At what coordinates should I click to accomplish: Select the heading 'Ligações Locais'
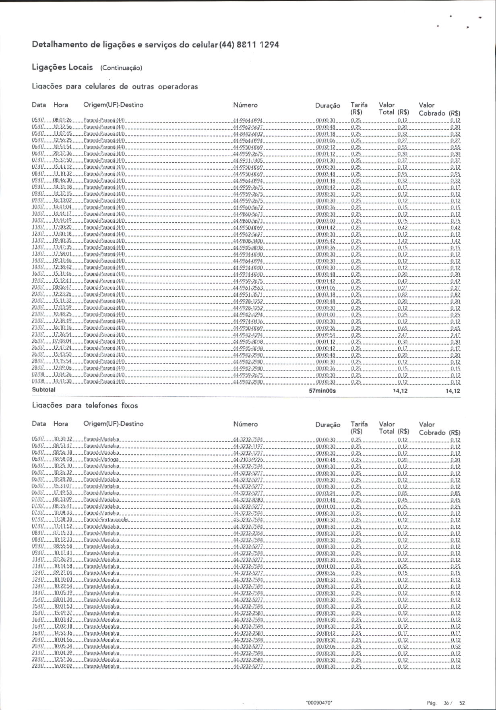62,67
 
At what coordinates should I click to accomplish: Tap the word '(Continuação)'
121,68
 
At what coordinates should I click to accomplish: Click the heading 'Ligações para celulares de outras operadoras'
115,86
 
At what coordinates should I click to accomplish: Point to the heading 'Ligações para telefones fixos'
85,405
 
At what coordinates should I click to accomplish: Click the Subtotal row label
43,390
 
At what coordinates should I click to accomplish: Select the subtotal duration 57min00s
325,391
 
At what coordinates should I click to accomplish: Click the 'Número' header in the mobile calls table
245,105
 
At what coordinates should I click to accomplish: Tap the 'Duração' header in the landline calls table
328,424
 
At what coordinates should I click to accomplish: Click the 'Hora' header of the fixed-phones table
61,424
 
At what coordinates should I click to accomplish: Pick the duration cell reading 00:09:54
326,335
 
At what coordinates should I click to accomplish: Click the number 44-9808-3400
248,241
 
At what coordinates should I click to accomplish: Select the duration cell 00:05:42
326,241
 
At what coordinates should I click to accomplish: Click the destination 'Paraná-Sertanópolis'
106,520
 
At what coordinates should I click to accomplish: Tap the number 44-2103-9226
248,460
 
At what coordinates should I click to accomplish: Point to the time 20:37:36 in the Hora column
62,154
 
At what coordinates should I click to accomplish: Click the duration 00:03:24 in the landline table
326,493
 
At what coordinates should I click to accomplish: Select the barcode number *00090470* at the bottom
319,703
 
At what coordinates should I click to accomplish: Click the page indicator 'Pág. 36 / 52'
446,703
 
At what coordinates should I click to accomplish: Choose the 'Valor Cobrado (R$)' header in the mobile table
439,109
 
